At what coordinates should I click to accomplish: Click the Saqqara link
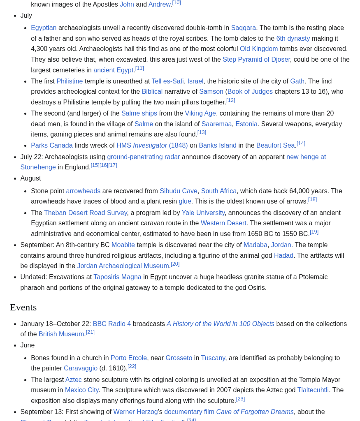[x=243, y=28]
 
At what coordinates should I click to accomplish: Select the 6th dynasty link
[x=293, y=39]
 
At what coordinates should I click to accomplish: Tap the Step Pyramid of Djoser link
[x=256, y=60]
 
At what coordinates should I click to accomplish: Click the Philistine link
[x=70, y=81]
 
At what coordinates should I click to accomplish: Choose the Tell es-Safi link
[x=167, y=81]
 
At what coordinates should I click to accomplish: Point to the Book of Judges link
[x=250, y=92]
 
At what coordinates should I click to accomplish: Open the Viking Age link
[x=200, y=113]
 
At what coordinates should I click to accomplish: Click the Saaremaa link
[x=216, y=124]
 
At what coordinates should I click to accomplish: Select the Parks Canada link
[x=52, y=146]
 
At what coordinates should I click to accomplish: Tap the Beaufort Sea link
[x=275, y=146]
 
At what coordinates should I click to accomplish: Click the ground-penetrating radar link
[x=144, y=157]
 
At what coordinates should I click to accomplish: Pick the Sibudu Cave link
[x=179, y=191]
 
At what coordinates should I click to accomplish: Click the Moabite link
[x=123, y=245]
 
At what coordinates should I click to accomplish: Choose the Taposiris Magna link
[x=117, y=277]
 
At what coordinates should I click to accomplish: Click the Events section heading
[x=23, y=308]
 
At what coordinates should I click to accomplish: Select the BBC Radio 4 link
[x=112, y=324]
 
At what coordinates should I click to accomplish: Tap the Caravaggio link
[x=81, y=368]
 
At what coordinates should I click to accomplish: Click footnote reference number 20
[x=175, y=264]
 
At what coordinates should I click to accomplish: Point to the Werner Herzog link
[x=135, y=412]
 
